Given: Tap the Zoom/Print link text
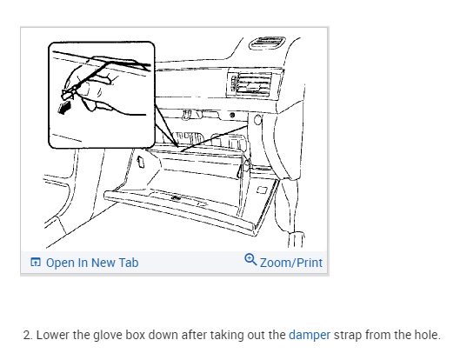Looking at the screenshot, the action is click(x=291, y=263).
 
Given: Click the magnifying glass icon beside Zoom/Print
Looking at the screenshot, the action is click(x=250, y=260).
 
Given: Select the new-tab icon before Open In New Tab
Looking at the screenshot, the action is click(x=36, y=262).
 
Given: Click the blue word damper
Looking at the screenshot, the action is click(x=310, y=335).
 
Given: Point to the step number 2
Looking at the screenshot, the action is click(x=27, y=335).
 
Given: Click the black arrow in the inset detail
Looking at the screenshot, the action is click(x=65, y=107).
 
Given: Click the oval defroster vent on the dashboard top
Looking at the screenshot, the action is click(x=267, y=43).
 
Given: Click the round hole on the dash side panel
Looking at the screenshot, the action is click(x=257, y=119).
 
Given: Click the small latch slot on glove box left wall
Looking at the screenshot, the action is click(x=141, y=162).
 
